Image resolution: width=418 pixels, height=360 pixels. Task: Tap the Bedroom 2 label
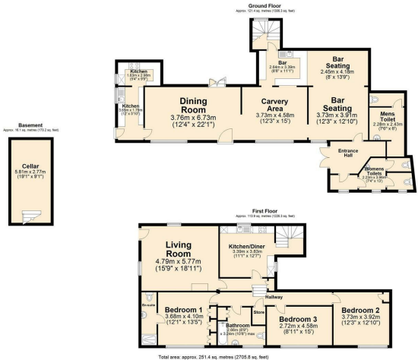(360, 311)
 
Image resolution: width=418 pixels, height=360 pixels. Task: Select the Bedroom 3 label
(298, 318)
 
